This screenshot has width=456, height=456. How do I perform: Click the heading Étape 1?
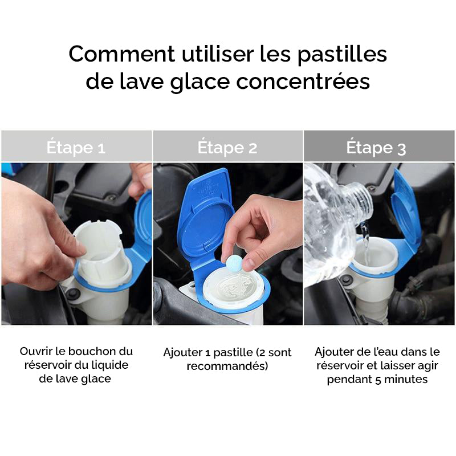pos(76,148)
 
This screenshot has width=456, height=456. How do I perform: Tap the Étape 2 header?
pos(227,148)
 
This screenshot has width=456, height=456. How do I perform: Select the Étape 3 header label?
pos(376,148)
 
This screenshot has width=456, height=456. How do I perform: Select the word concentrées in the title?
pos(303,82)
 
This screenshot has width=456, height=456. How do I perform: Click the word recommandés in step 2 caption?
pos(227,366)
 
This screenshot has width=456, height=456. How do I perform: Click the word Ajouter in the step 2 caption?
pos(182,352)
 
